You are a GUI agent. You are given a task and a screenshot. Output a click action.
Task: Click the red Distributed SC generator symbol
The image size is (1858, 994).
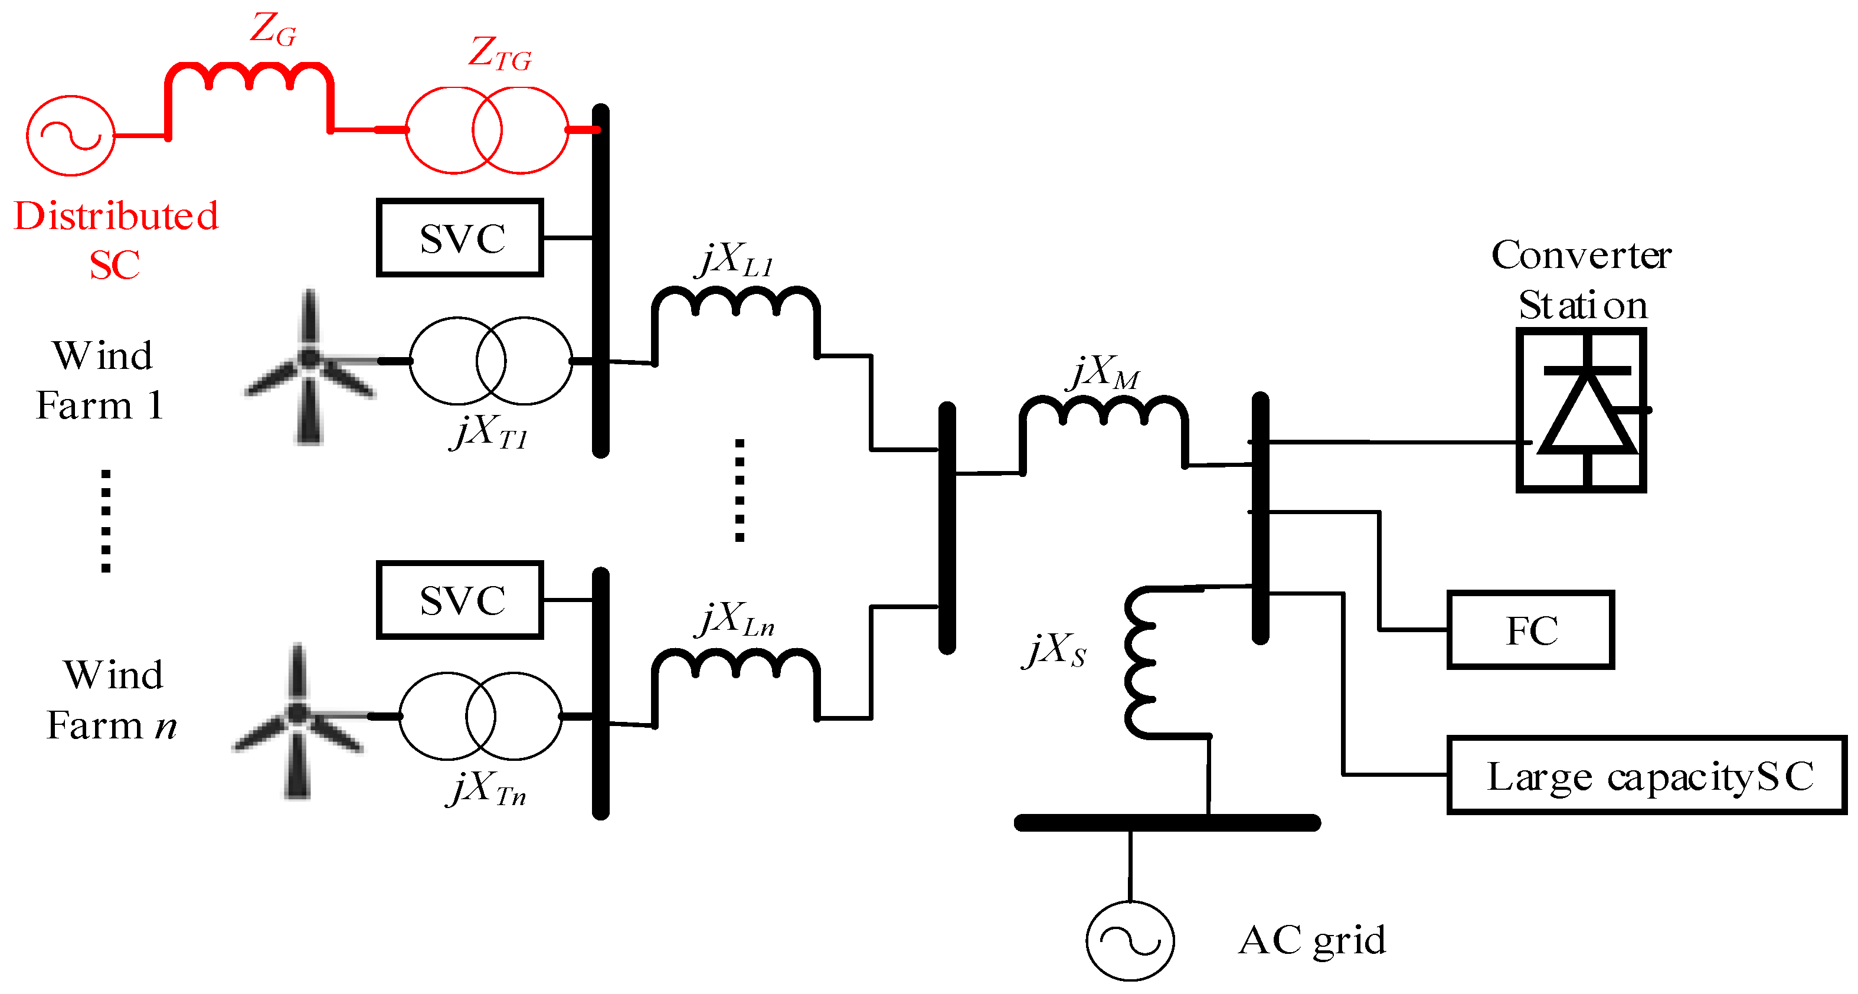click(71, 136)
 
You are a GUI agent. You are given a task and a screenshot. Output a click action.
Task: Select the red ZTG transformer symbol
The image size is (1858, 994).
click(487, 130)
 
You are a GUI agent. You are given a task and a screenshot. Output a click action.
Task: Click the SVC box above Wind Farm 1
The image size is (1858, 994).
click(459, 238)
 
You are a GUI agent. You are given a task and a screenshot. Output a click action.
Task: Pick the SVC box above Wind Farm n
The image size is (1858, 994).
click(459, 600)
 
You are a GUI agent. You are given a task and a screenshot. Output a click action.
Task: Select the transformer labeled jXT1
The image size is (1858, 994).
click(490, 361)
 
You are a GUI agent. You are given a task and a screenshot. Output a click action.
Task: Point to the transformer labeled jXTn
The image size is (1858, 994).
click(480, 717)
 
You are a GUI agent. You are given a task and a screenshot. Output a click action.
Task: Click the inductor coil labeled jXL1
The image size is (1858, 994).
click(735, 303)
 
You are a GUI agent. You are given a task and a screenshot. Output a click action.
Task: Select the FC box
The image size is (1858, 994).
click(1530, 630)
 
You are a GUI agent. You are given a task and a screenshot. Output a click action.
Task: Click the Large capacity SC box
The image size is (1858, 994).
click(1647, 776)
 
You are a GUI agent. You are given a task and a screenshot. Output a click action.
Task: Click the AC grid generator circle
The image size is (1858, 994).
click(1130, 941)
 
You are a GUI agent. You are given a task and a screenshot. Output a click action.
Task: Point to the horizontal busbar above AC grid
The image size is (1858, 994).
click(1167, 822)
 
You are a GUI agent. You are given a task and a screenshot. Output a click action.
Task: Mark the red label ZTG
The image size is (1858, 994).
click(500, 55)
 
